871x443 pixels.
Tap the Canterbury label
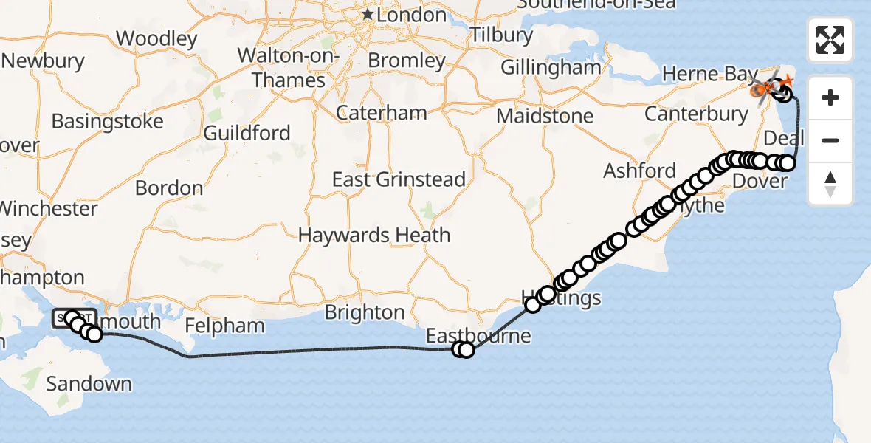tap(696, 114)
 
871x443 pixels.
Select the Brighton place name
tap(365, 312)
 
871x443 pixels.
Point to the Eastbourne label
tap(478, 336)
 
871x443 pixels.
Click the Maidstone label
tap(545, 116)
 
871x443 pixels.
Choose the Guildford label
tap(247, 133)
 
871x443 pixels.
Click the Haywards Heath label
tap(374, 236)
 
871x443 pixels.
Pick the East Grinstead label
tap(399, 179)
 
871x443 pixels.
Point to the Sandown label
tap(89, 384)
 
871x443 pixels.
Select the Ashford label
tap(639, 171)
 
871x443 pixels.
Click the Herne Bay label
tap(700, 74)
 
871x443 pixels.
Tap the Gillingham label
tap(551, 67)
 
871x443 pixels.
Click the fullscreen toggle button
tap(830, 40)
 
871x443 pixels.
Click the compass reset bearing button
tap(830, 184)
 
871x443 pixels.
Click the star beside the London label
tap(368, 15)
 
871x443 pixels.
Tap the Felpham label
tap(224, 326)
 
